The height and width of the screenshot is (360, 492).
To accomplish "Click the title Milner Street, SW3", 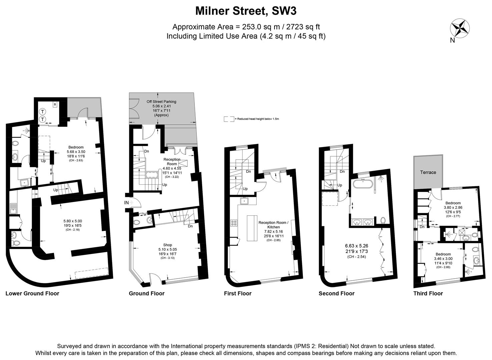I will tap(246, 11).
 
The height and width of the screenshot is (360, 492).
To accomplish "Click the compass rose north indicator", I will tap(460, 28).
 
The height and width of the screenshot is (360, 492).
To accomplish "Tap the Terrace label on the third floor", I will tap(428, 172).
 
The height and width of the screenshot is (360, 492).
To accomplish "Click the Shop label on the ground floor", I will tap(167, 245).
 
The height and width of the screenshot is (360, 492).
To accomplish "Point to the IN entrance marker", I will tap(127, 202).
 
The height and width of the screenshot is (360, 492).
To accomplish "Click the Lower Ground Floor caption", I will tap(32, 293).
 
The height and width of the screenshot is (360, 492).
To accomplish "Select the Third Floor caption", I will tap(428, 293).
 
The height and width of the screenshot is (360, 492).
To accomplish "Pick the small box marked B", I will tap(55, 105).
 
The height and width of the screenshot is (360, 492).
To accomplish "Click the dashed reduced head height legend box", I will tap(228, 119).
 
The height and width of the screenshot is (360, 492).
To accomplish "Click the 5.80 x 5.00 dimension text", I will tap(72, 221).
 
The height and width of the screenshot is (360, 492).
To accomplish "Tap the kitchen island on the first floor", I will tap(251, 228).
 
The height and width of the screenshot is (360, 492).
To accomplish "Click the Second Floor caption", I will tap(337, 293).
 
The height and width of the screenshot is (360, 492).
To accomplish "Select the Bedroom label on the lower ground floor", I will tap(76, 147).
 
